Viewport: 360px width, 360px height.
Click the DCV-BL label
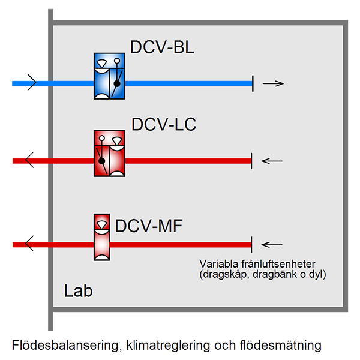162,48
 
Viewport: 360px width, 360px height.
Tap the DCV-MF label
148,226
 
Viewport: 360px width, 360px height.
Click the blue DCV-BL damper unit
109,76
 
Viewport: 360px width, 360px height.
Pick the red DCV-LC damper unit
109,154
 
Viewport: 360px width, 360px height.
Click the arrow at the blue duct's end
273,83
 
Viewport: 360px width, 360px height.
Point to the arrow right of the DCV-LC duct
273,160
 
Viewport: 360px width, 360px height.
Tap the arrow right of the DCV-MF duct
273,244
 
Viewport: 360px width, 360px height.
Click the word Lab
79,292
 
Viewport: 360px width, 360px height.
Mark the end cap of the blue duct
253,84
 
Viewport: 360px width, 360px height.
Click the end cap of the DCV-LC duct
252,160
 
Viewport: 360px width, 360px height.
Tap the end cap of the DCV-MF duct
252,244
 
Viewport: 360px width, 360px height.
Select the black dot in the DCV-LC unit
103,160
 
